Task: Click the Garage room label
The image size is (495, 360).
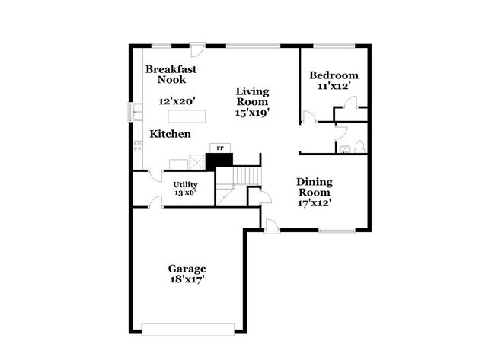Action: click(x=187, y=269)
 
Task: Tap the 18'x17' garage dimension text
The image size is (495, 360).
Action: click(x=187, y=279)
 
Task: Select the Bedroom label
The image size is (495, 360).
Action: click(x=333, y=75)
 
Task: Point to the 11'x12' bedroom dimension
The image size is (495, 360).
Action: click(x=333, y=88)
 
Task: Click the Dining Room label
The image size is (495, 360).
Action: click(x=314, y=187)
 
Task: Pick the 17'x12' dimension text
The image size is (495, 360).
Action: click(x=314, y=203)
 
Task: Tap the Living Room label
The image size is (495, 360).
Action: click(x=252, y=96)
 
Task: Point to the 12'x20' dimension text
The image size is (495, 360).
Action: click(x=177, y=100)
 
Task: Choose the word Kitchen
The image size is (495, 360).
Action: click(x=170, y=134)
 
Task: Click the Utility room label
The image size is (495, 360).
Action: click(x=185, y=184)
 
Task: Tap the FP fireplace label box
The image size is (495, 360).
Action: click(x=220, y=148)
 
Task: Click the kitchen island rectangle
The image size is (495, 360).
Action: click(x=187, y=116)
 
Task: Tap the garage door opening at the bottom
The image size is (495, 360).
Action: click(x=187, y=329)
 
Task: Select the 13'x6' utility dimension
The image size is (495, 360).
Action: click(x=185, y=193)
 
